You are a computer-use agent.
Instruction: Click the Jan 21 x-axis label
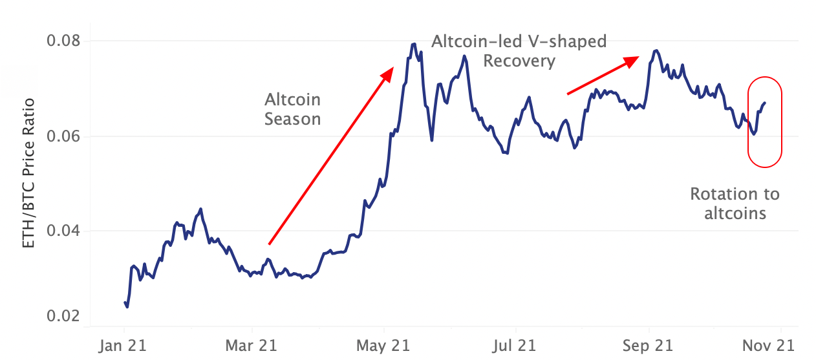(123, 345)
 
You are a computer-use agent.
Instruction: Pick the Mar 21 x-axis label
(251, 345)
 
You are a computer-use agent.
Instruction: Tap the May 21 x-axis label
(383, 345)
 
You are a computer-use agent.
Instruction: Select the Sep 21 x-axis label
(649, 345)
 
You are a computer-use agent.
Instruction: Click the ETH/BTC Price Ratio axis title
(30, 174)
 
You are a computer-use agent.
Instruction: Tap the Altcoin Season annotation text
(292, 109)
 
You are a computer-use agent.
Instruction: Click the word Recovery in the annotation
(519, 61)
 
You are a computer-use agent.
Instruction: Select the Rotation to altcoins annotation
(735, 203)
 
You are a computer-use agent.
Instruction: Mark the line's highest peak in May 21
(413, 44)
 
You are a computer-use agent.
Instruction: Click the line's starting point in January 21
(125, 302)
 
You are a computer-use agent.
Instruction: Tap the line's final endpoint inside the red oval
(766, 103)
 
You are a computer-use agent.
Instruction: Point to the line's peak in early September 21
(656, 50)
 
